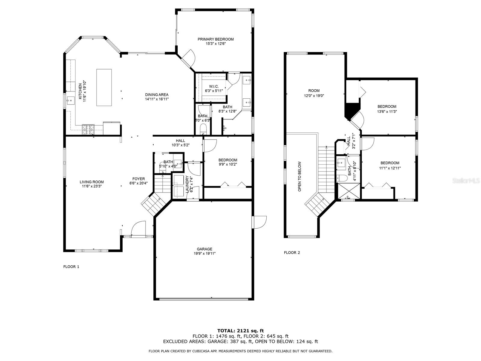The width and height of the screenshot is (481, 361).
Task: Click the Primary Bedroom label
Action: coord(216,39)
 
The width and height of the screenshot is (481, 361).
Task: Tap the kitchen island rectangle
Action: coord(104,88)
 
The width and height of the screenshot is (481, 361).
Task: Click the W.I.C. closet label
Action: coord(214,87)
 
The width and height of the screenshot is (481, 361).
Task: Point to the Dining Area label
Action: coord(157,95)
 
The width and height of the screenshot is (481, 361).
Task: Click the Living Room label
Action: coord(92,182)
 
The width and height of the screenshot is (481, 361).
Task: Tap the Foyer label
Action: coord(139,179)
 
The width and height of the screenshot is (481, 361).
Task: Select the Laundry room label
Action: coord(187,184)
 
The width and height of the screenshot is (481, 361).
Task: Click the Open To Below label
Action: coord(299,177)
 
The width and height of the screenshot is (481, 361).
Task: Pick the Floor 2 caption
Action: coord(292,252)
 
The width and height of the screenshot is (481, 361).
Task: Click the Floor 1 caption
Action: coord(71,267)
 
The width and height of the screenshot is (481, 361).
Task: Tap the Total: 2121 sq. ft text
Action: coord(240,331)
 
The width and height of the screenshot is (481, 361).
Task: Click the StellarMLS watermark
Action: coord(466,181)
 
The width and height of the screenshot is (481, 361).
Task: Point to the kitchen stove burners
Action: coord(88,129)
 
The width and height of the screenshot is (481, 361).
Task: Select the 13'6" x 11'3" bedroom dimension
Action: coord(387,112)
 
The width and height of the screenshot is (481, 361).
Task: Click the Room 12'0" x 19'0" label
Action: coord(314,93)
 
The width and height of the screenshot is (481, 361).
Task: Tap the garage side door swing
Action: coord(259,222)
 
